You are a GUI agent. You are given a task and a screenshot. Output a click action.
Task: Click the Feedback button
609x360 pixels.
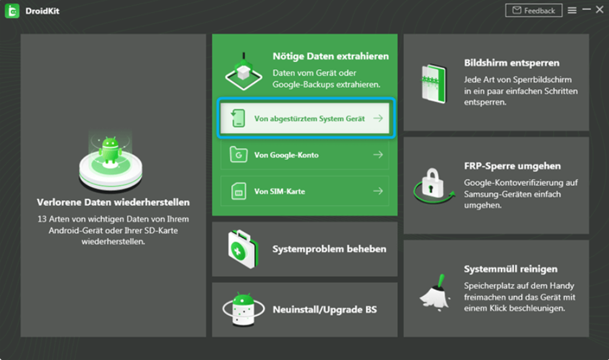tap(534, 11)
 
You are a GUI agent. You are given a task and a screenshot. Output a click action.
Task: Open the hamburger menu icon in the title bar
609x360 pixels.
tap(572, 11)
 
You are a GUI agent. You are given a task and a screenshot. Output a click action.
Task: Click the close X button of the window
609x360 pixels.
tap(600, 10)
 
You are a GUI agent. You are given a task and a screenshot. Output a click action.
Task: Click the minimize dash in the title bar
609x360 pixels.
tap(587, 9)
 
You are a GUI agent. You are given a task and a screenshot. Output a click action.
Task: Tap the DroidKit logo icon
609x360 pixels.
tap(12, 11)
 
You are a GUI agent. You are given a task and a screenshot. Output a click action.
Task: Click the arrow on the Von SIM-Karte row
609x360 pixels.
tap(378, 191)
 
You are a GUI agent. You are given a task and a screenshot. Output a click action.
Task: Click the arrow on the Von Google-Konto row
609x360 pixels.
tap(378, 155)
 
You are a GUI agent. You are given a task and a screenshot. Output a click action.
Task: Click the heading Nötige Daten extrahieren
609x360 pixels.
tap(331, 57)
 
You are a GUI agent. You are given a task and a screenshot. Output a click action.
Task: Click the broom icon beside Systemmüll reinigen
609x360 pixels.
tap(435, 292)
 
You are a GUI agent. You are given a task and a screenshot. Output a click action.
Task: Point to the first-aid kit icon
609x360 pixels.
tap(243, 249)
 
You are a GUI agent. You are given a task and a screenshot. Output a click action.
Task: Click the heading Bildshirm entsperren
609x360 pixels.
tap(511, 63)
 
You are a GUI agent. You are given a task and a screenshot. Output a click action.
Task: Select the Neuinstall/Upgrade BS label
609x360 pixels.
tap(324, 310)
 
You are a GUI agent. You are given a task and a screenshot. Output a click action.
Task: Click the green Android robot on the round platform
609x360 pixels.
tap(111, 150)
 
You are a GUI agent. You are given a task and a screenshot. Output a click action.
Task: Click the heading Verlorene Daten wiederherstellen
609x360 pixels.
tap(113, 202)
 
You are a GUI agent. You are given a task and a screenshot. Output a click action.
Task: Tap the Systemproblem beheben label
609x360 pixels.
tap(329, 249)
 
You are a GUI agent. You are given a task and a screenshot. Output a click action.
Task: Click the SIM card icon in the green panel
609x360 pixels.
tap(239, 192)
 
